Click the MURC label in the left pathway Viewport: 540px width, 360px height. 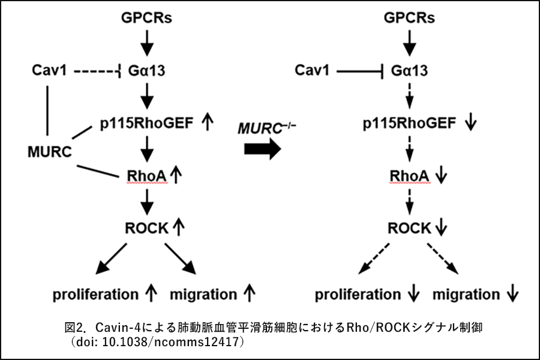pyautogui.click(x=50, y=151)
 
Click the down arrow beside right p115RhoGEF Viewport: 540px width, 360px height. pyautogui.click(x=471, y=123)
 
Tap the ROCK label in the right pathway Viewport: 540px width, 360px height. pyautogui.click(x=409, y=228)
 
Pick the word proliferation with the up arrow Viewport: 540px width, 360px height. pyautogui.click(x=95, y=295)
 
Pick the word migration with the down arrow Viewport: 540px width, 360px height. pyautogui.click(x=466, y=295)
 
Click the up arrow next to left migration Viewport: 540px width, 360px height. pyautogui.click(x=250, y=294)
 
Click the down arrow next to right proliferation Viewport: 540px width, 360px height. pyautogui.click(x=413, y=295)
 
